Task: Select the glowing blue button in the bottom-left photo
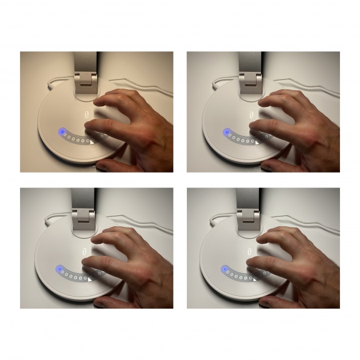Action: pyautogui.click(x=58, y=270)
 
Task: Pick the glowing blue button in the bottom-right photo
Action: pyautogui.click(x=225, y=269)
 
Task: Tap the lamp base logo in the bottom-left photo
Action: pyautogui.click(x=87, y=249)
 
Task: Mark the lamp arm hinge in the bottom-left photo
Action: pyautogui.click(x=83, y=216)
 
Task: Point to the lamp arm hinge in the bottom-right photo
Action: pyautogui.click(x=249, y=215)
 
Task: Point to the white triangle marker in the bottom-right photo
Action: pyautogui.click(x=256, y=279)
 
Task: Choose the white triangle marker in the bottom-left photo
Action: pyautogui.click(x=90, y=279)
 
